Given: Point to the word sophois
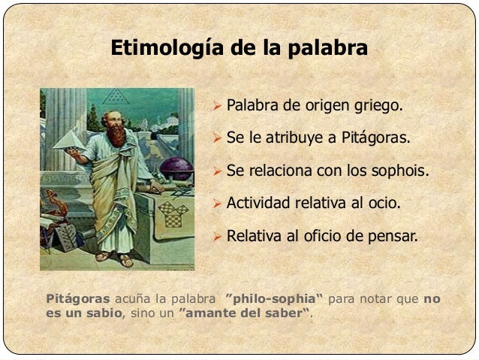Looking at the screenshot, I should [x=400, y=171].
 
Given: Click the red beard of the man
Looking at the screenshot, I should [x=116, y=135].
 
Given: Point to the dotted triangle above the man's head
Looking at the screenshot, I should [x=115, y=96].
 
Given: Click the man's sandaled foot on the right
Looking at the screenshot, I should [x=126, y=260].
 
